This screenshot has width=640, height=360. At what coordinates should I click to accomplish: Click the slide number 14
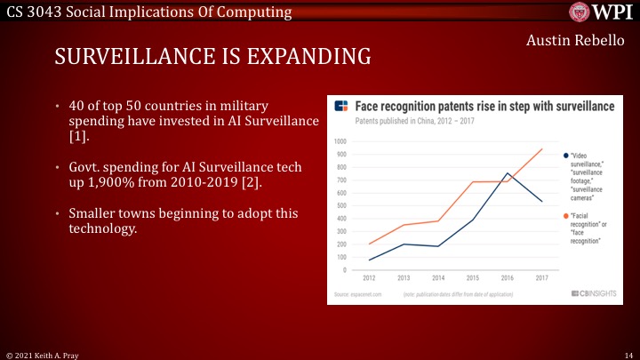(628, 353)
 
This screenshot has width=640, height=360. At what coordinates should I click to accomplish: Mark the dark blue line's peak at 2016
(507, 173)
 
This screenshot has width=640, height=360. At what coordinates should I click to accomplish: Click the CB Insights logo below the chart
(588, 292)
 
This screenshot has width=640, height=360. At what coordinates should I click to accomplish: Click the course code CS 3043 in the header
(30, 12)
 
